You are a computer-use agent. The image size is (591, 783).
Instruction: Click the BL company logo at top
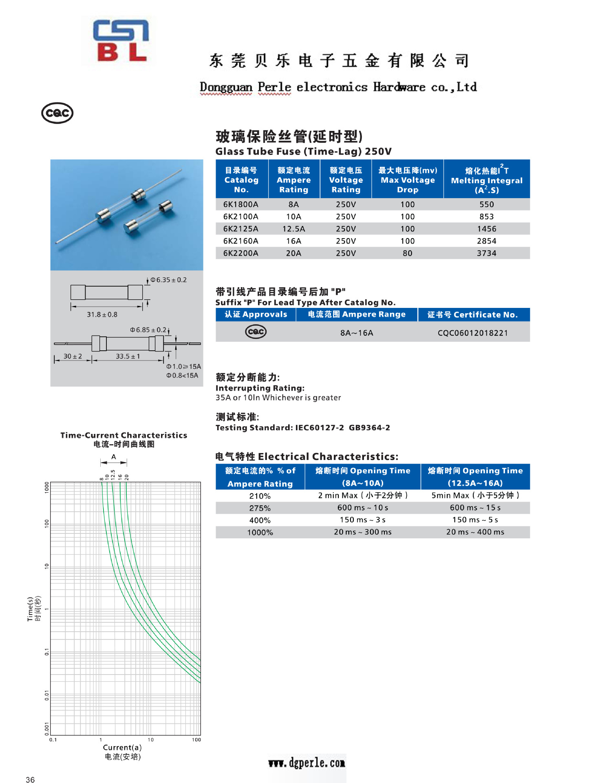pyautogui.click(x=121, y=41)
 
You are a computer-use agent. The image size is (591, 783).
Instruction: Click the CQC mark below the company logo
pyautogui.click(x=57, y=113)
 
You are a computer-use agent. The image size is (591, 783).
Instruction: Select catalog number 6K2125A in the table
pyautogui.click(x=240, y=229)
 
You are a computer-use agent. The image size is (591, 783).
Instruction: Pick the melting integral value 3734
pyautogui.click(x=486, y=253)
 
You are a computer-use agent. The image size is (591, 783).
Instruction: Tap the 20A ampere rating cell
pyautogui.click(x=293, y=253)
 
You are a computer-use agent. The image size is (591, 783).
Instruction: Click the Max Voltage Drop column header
pyautogui.click(x=408, y=180)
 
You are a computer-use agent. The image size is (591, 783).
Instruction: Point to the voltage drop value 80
pyautogui.click(x=408, y=253)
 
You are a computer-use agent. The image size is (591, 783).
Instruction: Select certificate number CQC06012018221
pyautogui.click(x=473, y=333)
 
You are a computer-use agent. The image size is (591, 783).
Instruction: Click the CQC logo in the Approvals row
pyautogui.click(x=256, y=332)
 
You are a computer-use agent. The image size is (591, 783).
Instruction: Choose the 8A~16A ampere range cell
pyautogui.click(x=357, y=333)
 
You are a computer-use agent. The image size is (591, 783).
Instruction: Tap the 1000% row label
pyautogui.click(x=260, y=533)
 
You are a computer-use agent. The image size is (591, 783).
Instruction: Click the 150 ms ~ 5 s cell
pyautogui.click(x=475, y=520)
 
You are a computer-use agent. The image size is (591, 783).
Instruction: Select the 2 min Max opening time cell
pyautogui.click(x=363, y=495)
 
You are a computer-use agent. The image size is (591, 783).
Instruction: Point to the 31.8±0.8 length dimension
pyautogui.click(x=102, y=314)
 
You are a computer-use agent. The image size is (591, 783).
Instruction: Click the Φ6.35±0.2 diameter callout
pyautogui.click(x=168, y=280)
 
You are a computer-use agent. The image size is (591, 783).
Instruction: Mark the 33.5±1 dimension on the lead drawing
pyautogui.click(x=128, y=356)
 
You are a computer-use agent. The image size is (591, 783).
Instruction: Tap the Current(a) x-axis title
pyautogui.click(x=122, y=748)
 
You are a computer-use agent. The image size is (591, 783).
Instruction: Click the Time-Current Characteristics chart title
pyautogui.click(x=123, y=435)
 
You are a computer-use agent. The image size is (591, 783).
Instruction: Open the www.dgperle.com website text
pyautogui.click(x=307, y=763)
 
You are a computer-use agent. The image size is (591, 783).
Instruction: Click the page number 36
pyautogui.click(x=30, y=779)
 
